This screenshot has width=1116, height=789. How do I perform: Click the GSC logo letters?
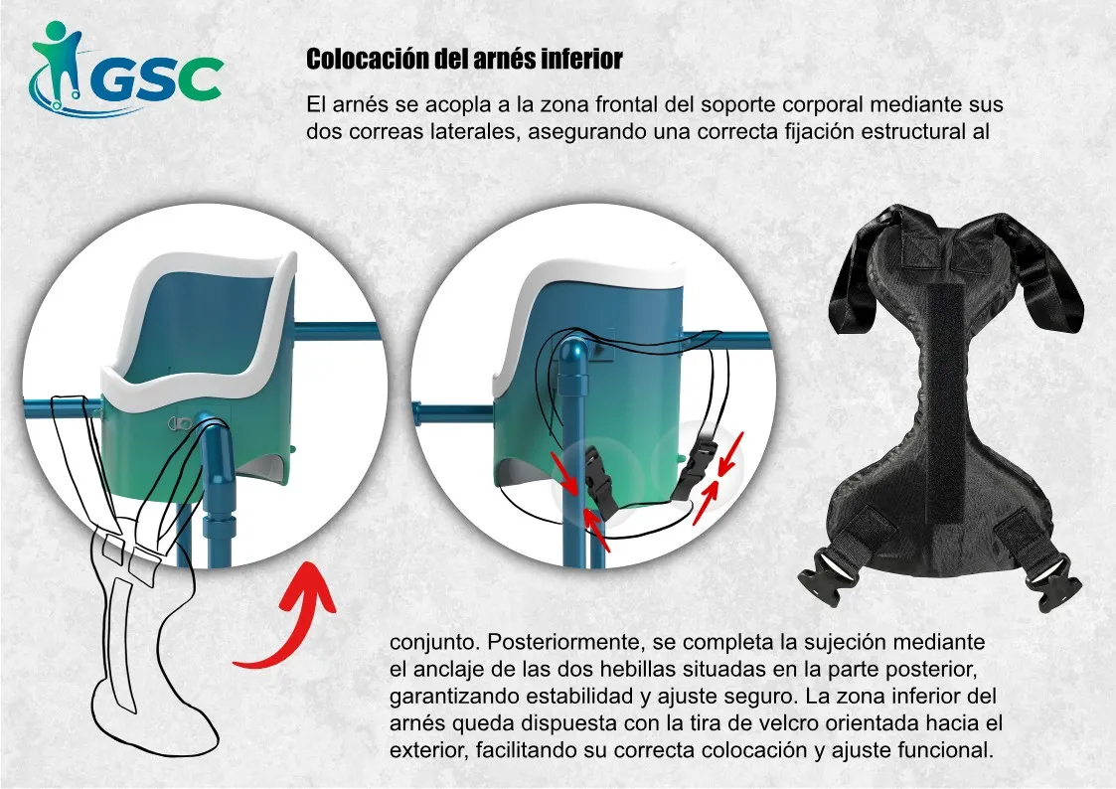157,79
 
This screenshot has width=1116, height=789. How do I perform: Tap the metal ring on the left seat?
180,424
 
